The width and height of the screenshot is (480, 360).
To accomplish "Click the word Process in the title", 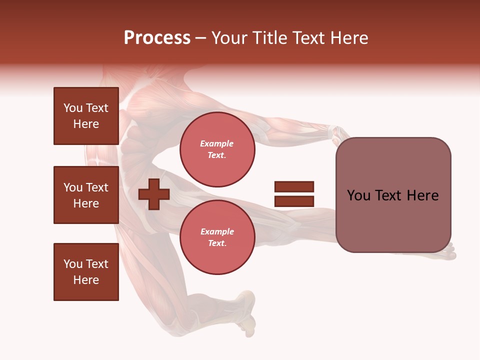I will [157, 38].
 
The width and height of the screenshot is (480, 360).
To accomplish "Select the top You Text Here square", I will [86, 116].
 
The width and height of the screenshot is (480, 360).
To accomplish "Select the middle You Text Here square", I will [86, 195].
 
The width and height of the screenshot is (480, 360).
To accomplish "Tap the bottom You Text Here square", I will [86, 272].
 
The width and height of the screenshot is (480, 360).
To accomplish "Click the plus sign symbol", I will [154, 194].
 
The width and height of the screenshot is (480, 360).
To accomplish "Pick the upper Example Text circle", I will [217, 149].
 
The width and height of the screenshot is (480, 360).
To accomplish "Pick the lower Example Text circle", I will [217, 237].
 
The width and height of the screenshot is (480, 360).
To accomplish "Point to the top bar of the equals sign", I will [294, 187].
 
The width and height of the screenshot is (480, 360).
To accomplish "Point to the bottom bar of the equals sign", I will [294, 201].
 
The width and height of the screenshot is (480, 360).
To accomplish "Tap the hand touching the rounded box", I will [338, 134].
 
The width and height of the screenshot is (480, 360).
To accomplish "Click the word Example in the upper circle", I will [217, 143].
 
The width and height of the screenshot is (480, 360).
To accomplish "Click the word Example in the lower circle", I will [217, 231].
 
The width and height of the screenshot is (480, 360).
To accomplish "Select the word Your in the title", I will [229, 38].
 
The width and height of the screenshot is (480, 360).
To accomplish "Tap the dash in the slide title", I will [200, 38].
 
